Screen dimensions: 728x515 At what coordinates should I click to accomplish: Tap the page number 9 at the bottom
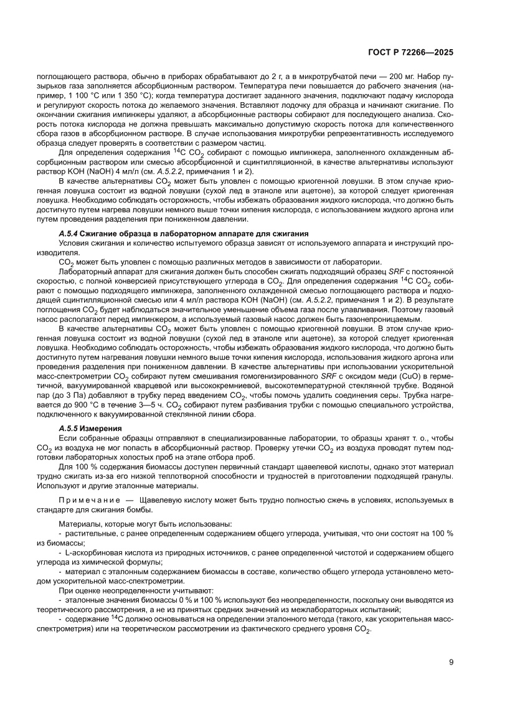pos(450,662)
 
